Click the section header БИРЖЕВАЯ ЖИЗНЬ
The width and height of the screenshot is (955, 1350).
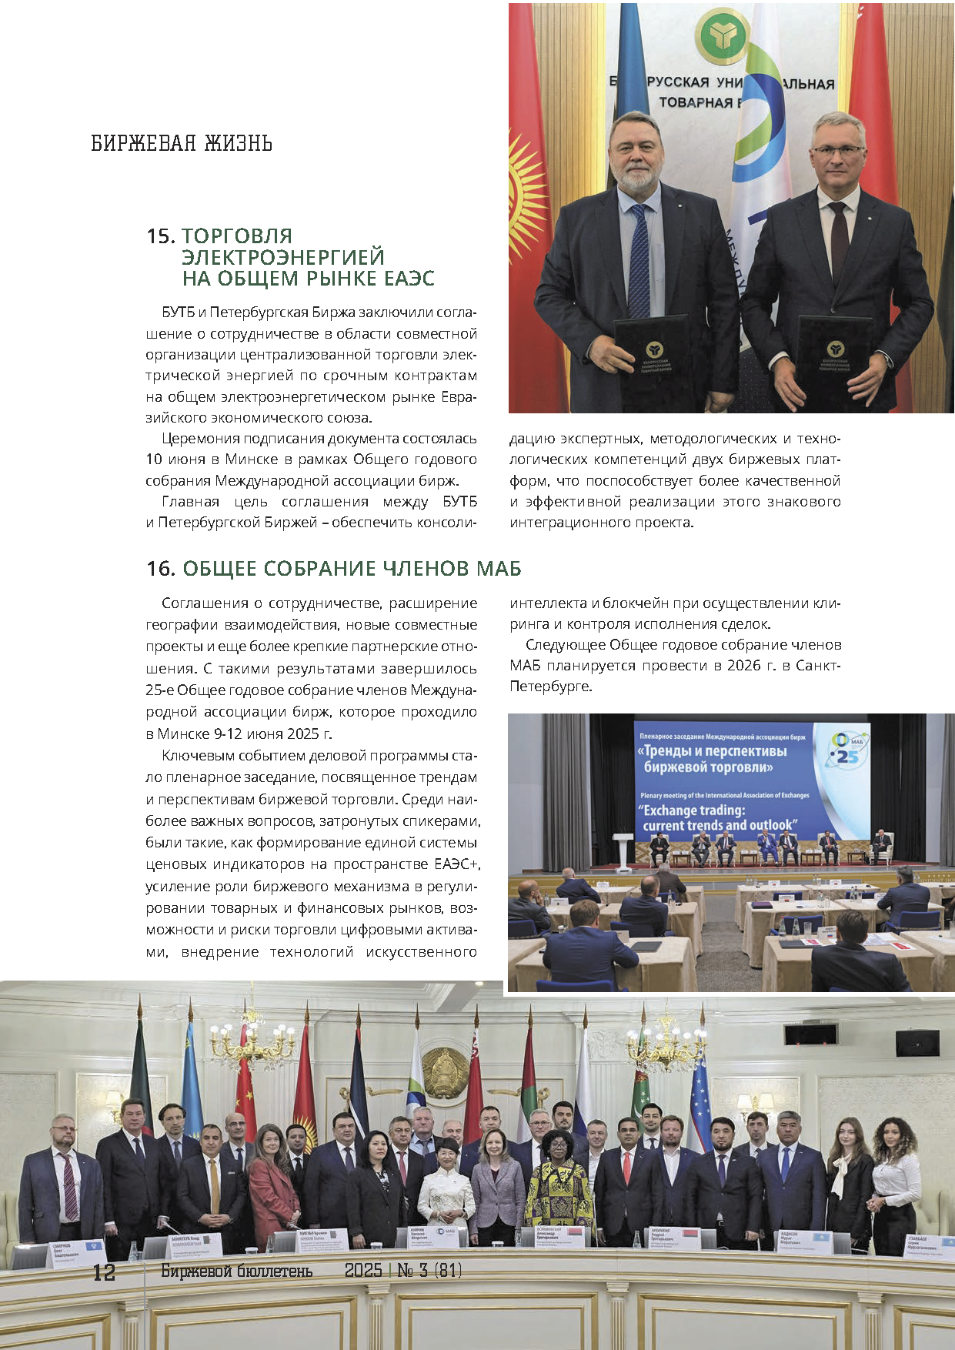coord(182,143)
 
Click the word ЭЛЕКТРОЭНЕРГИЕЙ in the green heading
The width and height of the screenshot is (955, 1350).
coord(283,257)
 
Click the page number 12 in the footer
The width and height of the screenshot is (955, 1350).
coord(104,1272)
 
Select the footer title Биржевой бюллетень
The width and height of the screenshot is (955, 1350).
coord(237,1271)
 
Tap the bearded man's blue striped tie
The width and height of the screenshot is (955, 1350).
coord(639,262)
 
